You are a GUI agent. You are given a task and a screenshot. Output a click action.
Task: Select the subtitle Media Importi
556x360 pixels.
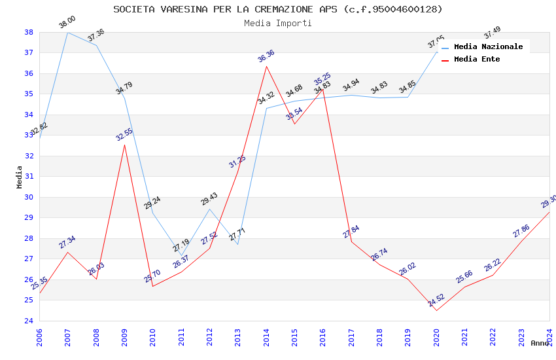pyautogui.click(x=277, y=23)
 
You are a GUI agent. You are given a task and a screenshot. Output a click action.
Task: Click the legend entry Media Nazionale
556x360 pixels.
pyautogui.click(x=488, y=46)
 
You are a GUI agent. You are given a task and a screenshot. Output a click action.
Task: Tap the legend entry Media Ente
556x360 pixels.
pyautogui.click(x=477, y=59)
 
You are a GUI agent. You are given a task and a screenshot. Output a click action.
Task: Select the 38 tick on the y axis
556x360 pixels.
pyautogui.click(x=29, y=32)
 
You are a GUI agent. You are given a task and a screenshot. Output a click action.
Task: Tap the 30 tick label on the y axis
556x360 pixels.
pyautogui.click(x=29, y=197)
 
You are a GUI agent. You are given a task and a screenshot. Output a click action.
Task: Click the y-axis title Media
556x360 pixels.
pyautogui.click(x=20, y=177)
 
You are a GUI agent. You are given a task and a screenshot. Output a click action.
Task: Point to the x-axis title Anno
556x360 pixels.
pyautogui.click(x=540, y=343)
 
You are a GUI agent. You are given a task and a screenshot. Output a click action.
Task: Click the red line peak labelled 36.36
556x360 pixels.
pyautogui.click(x=266, y=66)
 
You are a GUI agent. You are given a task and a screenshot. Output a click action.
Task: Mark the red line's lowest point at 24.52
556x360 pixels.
pyautogui.click(x=436, y=310)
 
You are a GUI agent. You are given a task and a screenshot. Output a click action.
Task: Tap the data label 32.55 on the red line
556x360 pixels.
pyautogui.click(x=124, y=134)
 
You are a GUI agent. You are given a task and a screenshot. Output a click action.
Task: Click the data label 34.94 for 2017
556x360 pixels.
pyautogui.click(x=351, y=85)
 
